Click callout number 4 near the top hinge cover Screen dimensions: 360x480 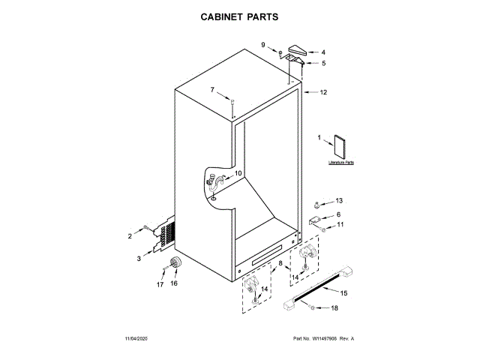(x=323, y=53)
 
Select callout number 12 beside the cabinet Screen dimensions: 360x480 (x=323, y=93)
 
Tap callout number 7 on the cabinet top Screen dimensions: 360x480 (x=212, y=90)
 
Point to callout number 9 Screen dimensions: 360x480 (x=263, y=45)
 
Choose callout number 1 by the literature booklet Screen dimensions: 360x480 (x=319, y=138)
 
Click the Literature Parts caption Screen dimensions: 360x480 (x=340, y=162)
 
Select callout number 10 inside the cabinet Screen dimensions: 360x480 (x=238, y=173)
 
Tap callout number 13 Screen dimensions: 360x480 (x=338, y=201)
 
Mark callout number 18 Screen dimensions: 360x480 (x=334, y=308)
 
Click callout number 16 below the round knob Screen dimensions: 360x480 (x=174, y=283)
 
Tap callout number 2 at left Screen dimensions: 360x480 (x=129, y=236)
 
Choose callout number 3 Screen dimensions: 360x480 (x=138, y=259)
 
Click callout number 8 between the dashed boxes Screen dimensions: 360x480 (x=280, y=264)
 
